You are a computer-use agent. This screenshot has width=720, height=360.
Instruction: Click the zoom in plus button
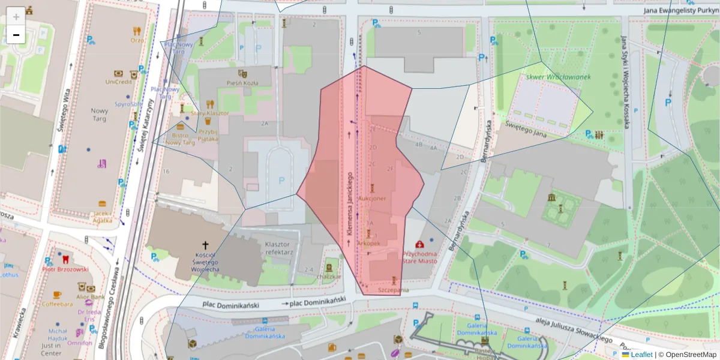click(x=16, y=16)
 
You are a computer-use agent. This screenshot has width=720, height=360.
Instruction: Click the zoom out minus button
click(x=16, y=35)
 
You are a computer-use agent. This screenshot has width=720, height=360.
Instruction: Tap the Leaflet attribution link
click(x=641, y=355)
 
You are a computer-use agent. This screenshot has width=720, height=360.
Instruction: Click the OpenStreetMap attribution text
click(x=691, y=355)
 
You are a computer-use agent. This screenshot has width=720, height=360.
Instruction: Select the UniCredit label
click(x=118, y=82)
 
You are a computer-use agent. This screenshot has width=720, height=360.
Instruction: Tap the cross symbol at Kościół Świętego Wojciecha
click(x=205, y=245)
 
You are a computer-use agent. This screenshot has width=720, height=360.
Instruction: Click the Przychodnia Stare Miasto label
click(x=419, y=257)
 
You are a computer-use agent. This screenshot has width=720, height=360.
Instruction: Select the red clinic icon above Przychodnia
click(x=419, y=244)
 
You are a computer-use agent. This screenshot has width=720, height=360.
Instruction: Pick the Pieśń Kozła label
click(x=242, y=83)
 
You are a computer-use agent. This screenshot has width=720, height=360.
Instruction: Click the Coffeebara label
click(x=58, y=304)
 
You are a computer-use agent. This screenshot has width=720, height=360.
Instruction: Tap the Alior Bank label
click(x=91, y=296)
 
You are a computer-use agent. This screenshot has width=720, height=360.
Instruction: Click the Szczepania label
click(x=394, y=290)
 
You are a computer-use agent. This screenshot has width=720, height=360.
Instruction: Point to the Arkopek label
click(x=368, y=244)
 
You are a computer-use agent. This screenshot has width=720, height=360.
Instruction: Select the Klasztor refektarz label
click(x=278, y=248)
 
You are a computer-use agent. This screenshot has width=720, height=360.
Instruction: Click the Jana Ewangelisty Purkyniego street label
click(x=681, y=10)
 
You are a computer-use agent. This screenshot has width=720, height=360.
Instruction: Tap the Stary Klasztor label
click(x=210, y=113)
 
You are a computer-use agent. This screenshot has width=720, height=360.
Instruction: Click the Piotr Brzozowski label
click(x=65, y=269)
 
